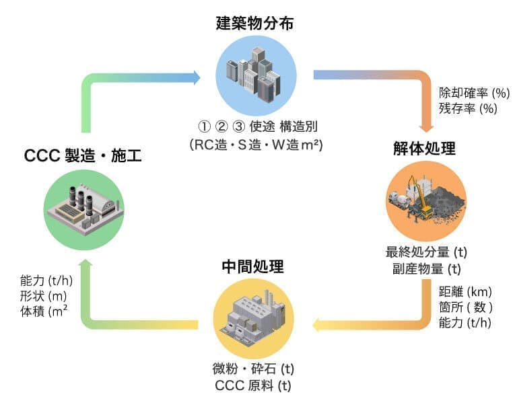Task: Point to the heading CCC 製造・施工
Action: pos(83,156)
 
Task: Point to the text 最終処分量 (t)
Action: pos(426,252)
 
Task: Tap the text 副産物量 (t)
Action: pos(426,269)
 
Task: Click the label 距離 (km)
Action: pos(465,291)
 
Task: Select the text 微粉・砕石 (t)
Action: pos(252,369)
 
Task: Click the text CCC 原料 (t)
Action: pos(252,385)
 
